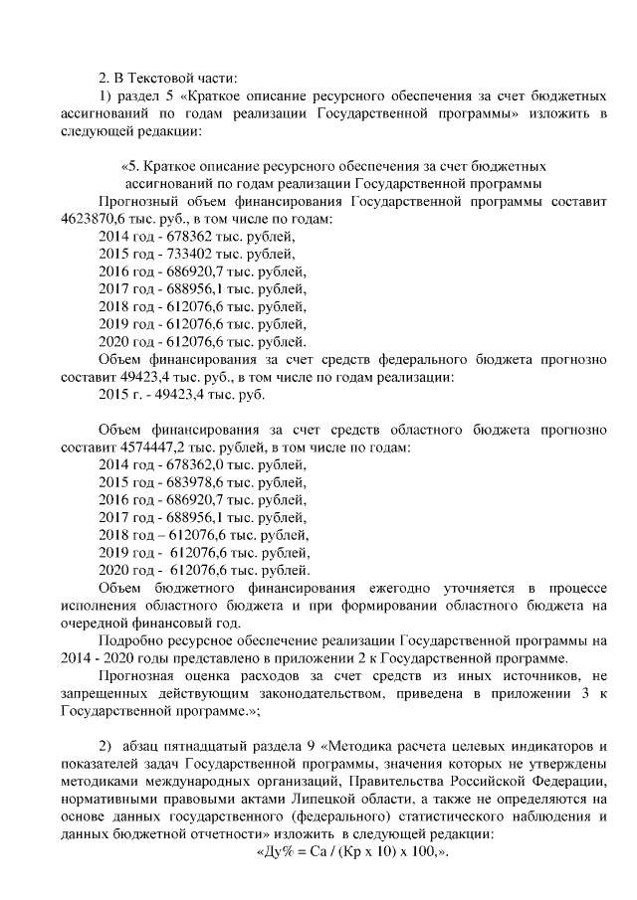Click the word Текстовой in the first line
pos(163,77)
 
